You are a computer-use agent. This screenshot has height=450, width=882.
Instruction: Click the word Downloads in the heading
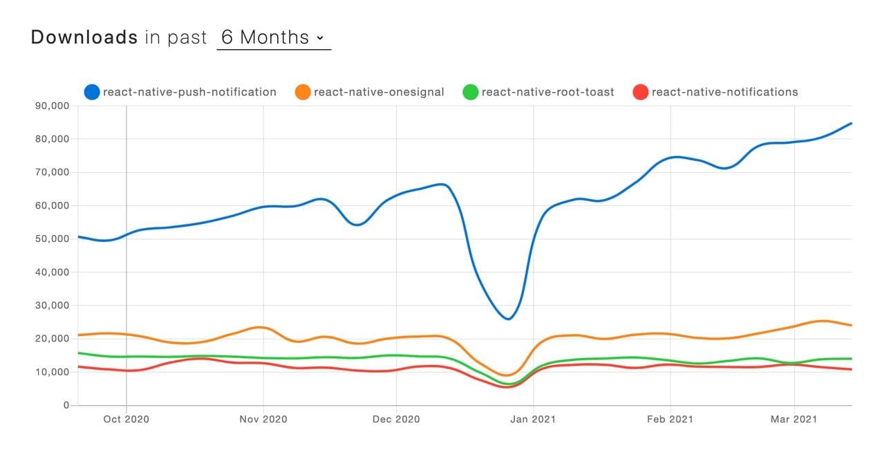pos(84,37)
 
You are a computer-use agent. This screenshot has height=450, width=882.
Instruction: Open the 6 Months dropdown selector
pos(273,37)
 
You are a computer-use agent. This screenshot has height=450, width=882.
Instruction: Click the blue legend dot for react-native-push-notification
pos(92,92)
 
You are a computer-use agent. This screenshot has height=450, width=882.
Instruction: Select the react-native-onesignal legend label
pos(379,92)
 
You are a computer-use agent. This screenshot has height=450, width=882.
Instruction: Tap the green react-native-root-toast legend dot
pos(471,92)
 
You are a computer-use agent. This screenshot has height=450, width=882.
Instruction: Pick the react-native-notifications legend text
pos(724,92)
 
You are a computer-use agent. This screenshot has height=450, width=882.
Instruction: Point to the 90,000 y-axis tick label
pos(50,106)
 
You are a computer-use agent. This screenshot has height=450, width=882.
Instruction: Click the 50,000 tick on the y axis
pos(50,239)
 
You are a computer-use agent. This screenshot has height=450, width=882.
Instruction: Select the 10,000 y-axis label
pos(50,372)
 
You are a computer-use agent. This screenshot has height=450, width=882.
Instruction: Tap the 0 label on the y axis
pos(66,405)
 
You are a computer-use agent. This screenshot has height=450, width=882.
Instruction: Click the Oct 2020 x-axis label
pos(126,419)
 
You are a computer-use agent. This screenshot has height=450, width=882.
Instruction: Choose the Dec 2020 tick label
pos(397,419)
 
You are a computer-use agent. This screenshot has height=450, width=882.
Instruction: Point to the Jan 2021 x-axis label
pos(534,419)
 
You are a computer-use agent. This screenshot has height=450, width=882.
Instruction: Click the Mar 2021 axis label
pos(794,419)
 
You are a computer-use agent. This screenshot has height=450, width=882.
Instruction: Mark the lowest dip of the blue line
pos(508,319)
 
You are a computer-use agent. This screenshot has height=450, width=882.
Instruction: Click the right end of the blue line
pos(851,123)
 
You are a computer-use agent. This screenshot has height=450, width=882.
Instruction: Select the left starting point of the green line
pos(78,353)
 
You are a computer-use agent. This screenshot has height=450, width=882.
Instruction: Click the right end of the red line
pos(851,369)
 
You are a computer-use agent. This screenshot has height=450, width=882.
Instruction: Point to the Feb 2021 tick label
pos(670,419)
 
